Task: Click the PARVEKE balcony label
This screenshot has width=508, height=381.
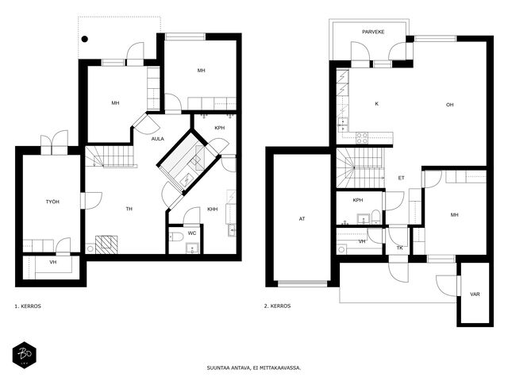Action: tap(373, 32)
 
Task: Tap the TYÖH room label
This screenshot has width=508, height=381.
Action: tap(52, 202)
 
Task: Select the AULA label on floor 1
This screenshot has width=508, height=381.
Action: tap(158, 139)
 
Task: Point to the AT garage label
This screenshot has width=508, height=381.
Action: tap(302, 219)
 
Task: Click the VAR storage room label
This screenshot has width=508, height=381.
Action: tap(475, 294)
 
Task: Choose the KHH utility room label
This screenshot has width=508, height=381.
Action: tap(213, 210)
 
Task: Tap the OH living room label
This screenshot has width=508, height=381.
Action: tap(450, 105)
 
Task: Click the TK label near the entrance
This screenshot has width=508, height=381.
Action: tap(400, 248)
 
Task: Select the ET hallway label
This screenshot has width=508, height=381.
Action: tap(401, 178)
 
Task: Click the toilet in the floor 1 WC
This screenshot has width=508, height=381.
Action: tap(176, 237)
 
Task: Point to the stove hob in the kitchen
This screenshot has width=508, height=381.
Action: tap(362, 138)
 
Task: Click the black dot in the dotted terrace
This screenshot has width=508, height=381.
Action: tap(85, 39)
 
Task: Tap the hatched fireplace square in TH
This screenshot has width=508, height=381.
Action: tap(106, 244)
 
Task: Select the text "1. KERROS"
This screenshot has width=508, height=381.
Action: tap(28, 306)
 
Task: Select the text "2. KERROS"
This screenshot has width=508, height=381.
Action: tap(277, 306)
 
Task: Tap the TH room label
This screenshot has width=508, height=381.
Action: tap(129, 209)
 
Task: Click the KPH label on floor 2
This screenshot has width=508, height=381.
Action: tap(358, 200)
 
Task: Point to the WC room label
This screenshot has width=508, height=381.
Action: tap(192, 233)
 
